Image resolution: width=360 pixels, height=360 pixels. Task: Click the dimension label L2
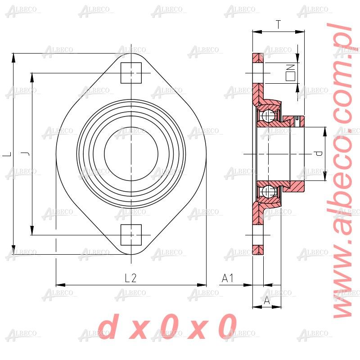130,278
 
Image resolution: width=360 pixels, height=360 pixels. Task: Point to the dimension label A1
228,278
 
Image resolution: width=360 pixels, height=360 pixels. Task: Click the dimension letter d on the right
319,154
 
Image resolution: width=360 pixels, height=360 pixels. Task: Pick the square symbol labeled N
290,72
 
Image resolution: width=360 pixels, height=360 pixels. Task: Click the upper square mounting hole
131,73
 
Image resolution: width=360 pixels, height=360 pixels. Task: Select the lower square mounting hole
131,235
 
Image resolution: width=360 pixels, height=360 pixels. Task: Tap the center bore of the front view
131,154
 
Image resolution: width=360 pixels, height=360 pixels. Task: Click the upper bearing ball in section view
269,116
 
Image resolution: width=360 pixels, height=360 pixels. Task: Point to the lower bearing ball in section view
269,191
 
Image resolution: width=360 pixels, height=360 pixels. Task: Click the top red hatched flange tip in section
257,58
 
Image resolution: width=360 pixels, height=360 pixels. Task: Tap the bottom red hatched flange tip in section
257,249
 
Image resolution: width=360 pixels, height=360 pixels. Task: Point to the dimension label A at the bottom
267,300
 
